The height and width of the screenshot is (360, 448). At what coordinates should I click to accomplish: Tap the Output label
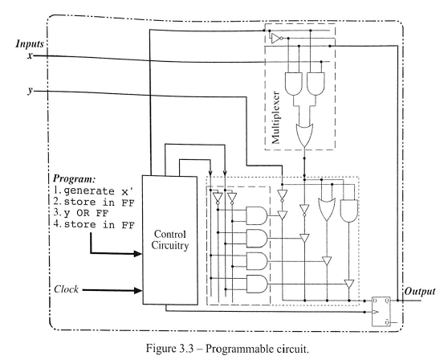tap(420, 291)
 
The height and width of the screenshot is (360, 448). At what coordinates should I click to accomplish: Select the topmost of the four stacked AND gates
tap(258, 215)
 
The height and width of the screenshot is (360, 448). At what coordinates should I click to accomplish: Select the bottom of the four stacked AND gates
tap(258, 284)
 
